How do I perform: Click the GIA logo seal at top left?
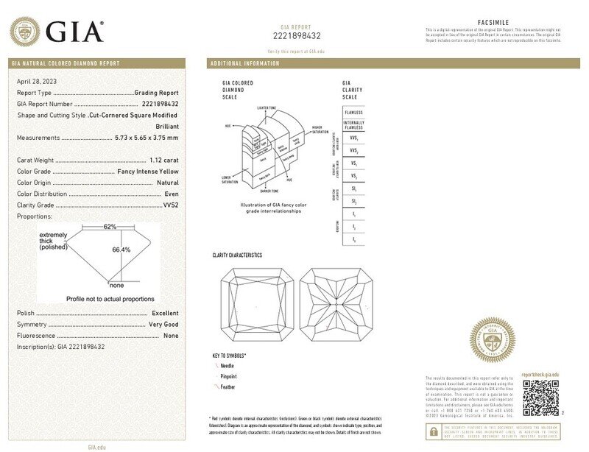tap(24, 31)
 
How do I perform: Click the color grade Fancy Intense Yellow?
tap(148, 171)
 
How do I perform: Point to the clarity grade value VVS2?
tap(171, 205)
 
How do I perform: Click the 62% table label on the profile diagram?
tap(110, 227)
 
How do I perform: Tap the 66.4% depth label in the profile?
tap(121, 250)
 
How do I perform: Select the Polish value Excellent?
tap(164, 313)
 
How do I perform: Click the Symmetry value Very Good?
tap(163, 325)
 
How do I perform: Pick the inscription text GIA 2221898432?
tap(81, 347)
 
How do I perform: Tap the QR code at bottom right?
tap(540, 398)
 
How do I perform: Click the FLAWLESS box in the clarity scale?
tap(353, 113)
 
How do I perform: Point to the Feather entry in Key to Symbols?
tap(229, 386)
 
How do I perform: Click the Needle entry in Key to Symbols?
tap(228, 366)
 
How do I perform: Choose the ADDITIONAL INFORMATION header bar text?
tap(245, 64)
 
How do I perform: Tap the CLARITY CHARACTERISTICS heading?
tap(237, 255)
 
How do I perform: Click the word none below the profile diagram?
tap(116, 285)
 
